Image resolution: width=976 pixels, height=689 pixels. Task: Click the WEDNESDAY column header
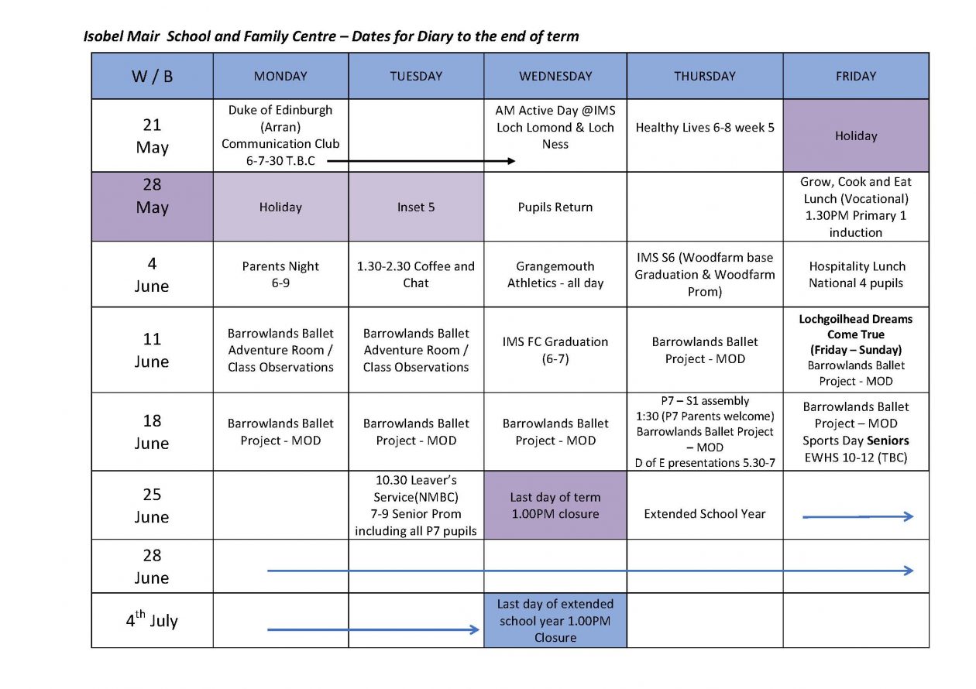(555, 76)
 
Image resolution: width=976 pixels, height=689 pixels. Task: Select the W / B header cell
(152, 76)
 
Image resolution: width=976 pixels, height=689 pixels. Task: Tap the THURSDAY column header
(704, 76)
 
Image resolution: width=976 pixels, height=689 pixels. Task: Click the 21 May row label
(152, 135)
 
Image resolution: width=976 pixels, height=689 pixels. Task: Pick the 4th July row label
(152, 620)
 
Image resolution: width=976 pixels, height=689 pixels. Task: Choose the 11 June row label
(152, 350)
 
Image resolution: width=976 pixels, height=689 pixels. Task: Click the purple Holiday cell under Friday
(856, 135)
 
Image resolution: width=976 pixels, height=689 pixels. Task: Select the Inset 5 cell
(416, 207)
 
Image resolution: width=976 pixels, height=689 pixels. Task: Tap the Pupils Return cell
(555, 207)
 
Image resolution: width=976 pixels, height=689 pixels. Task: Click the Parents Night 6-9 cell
(280, 274)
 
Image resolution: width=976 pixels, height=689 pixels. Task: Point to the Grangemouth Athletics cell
(555, 274)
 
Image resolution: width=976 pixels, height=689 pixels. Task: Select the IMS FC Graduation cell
(555, 350)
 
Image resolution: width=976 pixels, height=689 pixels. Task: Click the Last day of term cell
(555, 506)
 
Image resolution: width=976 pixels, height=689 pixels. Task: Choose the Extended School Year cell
(704, 513)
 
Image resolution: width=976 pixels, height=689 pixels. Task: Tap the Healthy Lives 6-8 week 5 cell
(704, 128)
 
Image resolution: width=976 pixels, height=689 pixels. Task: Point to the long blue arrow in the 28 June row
(589, 571)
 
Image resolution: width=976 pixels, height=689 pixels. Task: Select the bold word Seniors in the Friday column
(888, 440)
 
